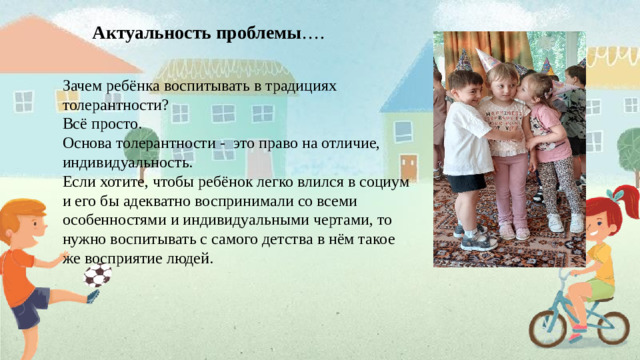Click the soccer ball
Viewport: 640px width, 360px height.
[97, 275]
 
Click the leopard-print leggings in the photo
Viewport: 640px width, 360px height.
[559, 185]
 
